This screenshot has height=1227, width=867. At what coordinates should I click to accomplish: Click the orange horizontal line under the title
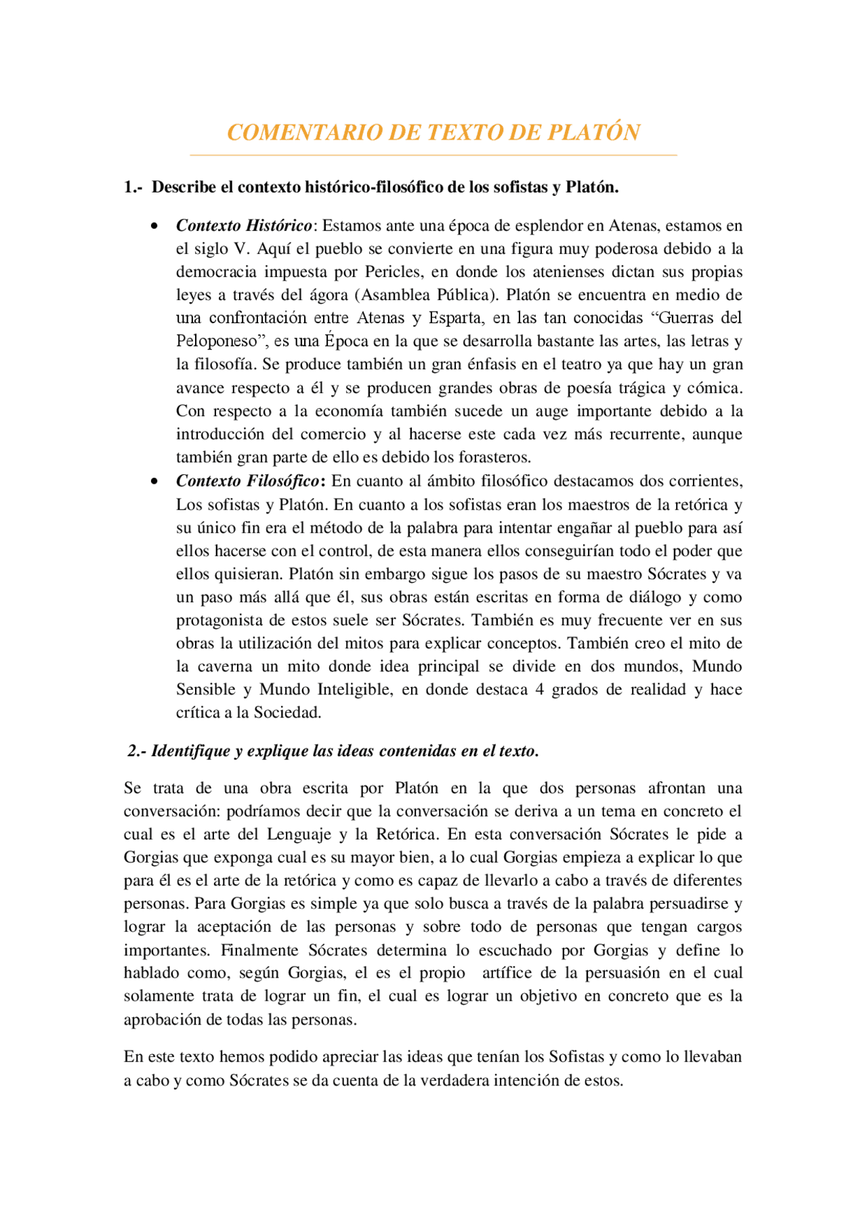pyautogui.click(x=433, y=155)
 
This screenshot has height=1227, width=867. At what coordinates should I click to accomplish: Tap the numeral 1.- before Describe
pyautogui.click(x=133, y=187)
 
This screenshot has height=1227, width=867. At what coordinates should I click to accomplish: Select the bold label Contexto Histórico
pyautogui.click(x=244, y=226)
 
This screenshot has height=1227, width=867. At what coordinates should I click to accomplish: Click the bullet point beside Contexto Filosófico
pyautogui.click(x=155, y=482)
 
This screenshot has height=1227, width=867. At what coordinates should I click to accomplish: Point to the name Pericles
pyautogui.click(x=393, y=272)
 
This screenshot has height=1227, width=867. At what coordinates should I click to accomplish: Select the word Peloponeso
pyautogui.click(x=217, y=341)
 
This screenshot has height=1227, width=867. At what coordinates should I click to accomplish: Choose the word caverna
pyautogui.click(x=225, y=667)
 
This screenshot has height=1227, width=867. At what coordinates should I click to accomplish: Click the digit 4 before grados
pyautogui.click(x=540, y=690)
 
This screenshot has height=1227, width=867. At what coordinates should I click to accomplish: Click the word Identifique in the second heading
pyautogui.click(x=190, y=751)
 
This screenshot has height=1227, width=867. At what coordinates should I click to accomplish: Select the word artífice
pyautogui.click(x=507, y=973)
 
